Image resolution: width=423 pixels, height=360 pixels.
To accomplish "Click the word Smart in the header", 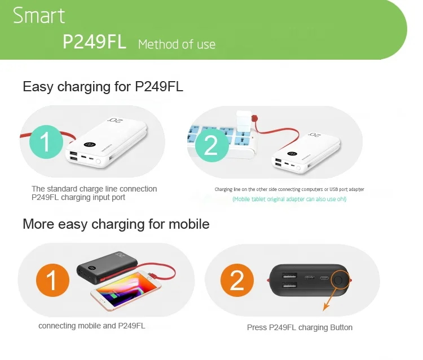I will pos(39,16).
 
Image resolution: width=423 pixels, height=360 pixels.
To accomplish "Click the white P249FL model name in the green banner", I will pos(94,42).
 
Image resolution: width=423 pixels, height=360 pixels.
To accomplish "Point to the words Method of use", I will pos(177,44).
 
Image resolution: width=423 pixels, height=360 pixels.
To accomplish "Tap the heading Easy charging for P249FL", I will pos(103,87).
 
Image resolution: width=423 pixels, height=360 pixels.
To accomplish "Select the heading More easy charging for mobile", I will pos(116,224).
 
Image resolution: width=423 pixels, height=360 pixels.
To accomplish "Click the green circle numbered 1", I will pos(47,141).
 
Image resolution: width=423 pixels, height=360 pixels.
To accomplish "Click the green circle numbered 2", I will pos(210,145).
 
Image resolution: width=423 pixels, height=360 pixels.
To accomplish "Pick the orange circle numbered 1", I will pos(52,280).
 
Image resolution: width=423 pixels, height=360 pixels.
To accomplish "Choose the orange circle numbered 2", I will pos(237,280).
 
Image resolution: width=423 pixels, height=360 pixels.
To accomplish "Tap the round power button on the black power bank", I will pos(339,280).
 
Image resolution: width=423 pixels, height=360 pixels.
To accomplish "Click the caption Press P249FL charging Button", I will pos(299,327).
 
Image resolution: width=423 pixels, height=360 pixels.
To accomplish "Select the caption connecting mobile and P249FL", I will pos(92,326).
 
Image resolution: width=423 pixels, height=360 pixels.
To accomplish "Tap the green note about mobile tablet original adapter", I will pos(289,199).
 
